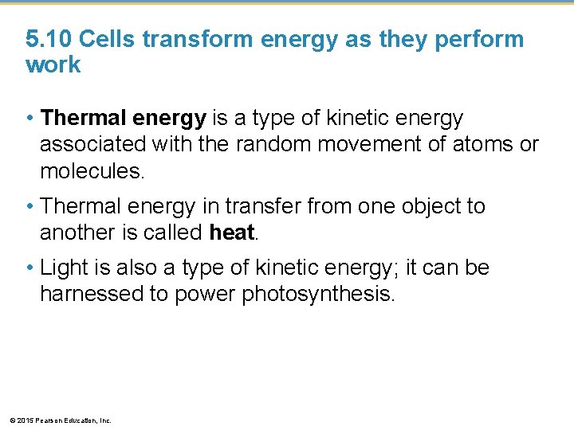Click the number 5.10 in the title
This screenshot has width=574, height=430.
(49, 39)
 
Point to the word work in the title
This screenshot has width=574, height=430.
(53, 64)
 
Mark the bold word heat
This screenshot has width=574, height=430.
(230, 232)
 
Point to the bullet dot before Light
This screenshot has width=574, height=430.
(29, 269)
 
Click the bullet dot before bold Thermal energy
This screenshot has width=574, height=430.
(29, 119)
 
